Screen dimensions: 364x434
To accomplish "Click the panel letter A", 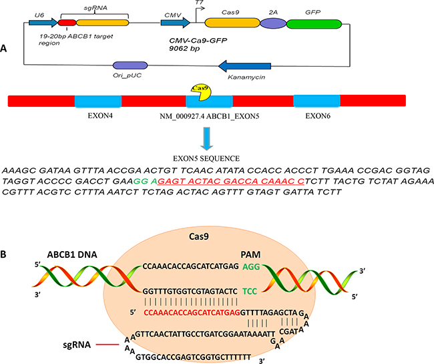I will [x=6, y=49].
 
